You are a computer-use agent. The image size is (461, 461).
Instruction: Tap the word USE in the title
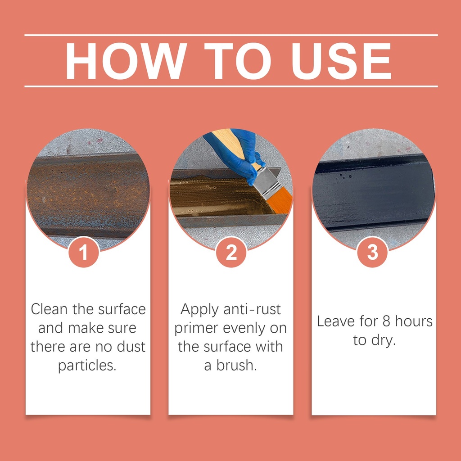(341, 61)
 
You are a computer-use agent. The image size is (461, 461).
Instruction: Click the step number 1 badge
(83, 252)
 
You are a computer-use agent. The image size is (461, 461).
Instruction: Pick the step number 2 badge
(231, 252)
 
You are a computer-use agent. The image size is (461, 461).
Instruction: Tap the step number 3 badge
(372, 252)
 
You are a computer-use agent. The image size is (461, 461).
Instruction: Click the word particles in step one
(87, 366)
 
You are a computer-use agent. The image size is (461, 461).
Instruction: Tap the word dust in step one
(131, 347)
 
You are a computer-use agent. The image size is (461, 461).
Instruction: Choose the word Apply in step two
(199, 310)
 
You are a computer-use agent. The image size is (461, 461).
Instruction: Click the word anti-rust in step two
(252, 310)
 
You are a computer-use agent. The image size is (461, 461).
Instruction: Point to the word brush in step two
(236, 366)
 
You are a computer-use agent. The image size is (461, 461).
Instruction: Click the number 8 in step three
(386, 321)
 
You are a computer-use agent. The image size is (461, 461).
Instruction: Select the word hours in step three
(414, 321)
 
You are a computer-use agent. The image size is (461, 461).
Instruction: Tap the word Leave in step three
(336, 321)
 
